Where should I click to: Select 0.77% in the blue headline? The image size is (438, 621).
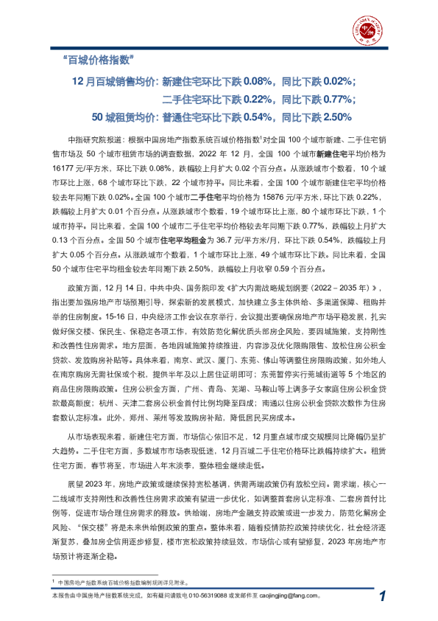pyautogui.click(x=336, y=99)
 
